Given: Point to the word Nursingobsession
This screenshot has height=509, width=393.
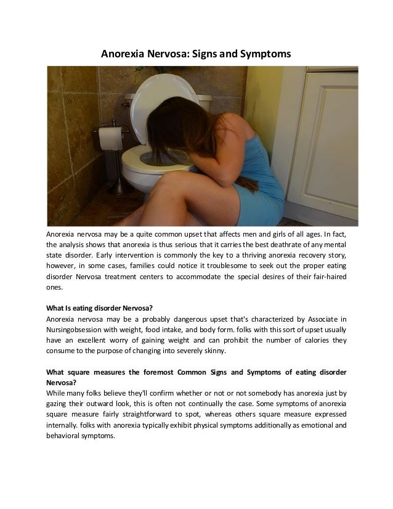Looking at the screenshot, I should [x=73, y=330].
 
